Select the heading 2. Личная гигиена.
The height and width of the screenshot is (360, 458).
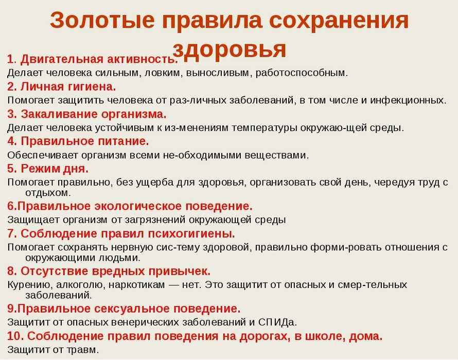(x=62, y=87)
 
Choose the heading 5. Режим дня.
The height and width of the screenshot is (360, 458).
(x=48, y=169)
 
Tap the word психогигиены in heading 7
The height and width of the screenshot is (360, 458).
(x=190, y=233)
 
